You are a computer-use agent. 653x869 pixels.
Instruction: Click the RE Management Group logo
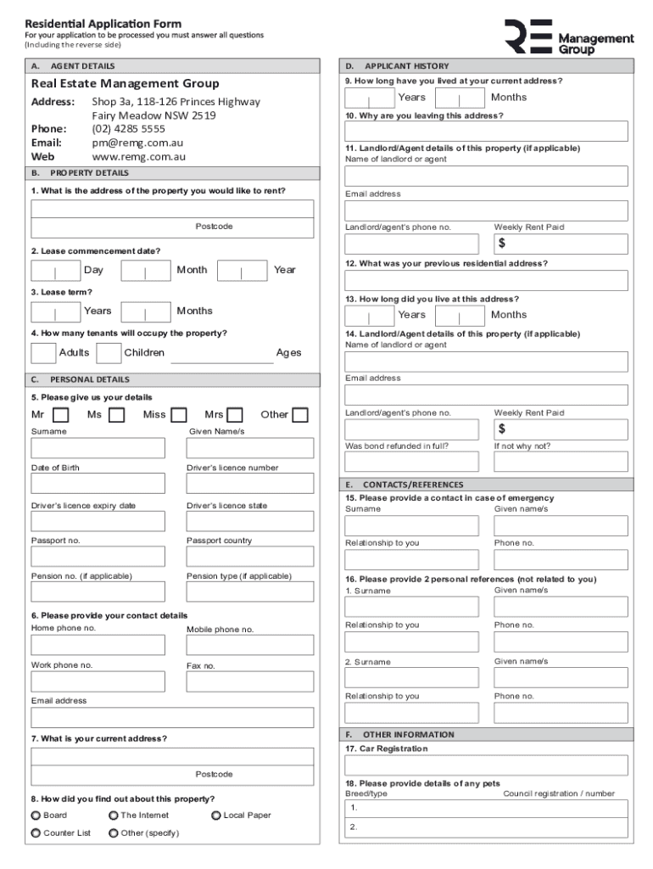point(568,38)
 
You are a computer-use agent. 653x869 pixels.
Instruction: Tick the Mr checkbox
point(60,415)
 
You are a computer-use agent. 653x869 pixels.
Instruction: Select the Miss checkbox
point(178,415)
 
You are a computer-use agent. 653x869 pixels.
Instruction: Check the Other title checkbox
point(299,415)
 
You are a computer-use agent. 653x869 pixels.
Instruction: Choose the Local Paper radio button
point(216,816)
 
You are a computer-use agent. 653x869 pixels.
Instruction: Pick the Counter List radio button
point(36,833)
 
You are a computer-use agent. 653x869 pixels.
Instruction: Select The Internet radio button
point(114,816)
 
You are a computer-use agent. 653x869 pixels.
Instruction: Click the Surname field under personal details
point(98,448)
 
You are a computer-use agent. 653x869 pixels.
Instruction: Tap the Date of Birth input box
point(98,484)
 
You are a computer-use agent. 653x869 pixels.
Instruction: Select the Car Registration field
point(487,765)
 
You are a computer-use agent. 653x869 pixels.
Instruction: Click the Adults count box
point(43,353)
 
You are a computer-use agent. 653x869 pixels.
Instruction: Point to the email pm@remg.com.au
point(137,143)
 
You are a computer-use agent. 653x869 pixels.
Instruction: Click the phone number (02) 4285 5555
point(128,130)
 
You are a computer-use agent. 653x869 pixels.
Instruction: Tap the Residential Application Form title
point(103,23)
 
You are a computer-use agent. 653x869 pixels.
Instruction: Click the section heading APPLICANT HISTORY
point(407,66)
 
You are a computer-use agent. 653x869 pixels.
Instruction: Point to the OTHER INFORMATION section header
point(409,735)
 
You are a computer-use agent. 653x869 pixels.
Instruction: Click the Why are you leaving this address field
point(487,132)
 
